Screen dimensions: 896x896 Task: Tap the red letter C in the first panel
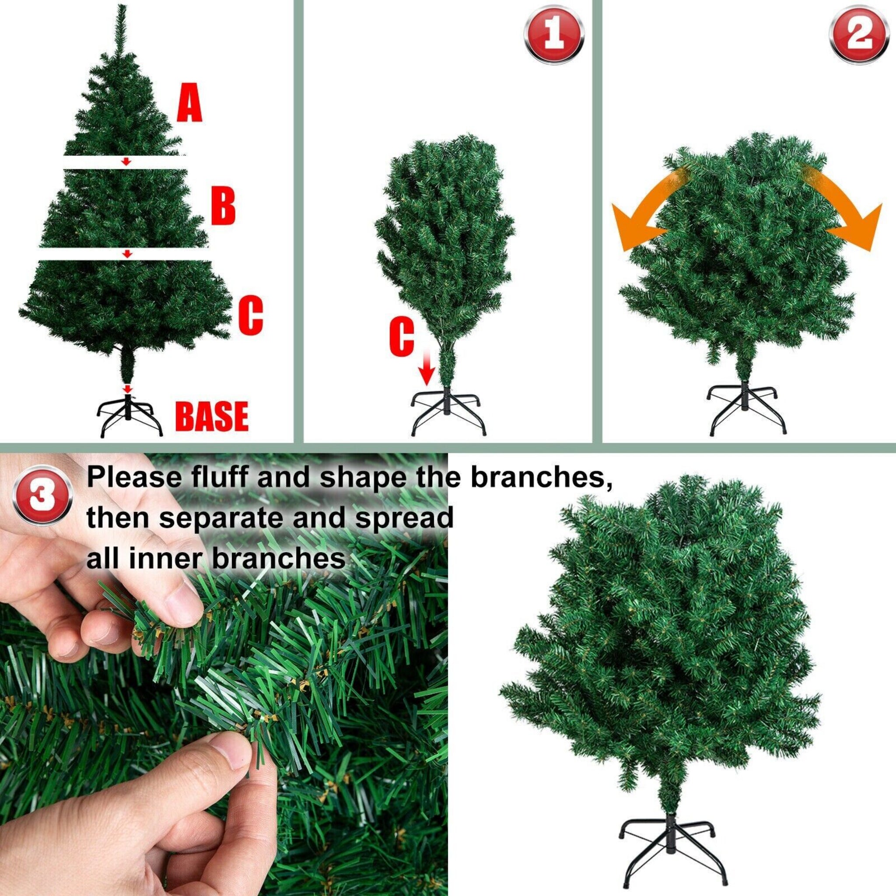[251, 316]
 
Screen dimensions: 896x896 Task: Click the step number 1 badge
[554, 35]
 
